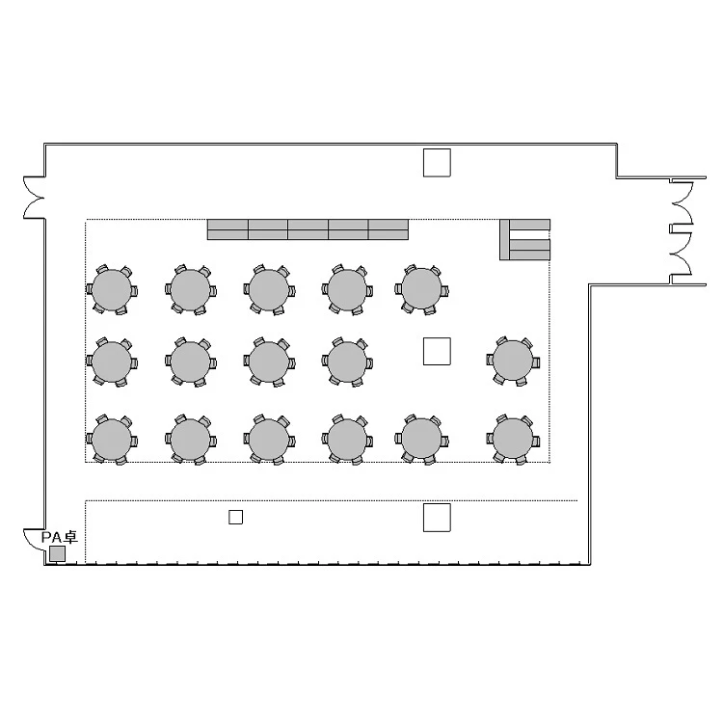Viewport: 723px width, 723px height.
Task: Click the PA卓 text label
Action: [60, 537]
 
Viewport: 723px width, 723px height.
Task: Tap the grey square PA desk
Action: [57, 553]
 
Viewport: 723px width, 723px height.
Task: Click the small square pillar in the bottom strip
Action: [235, 518]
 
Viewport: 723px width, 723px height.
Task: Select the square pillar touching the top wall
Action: [437, 163]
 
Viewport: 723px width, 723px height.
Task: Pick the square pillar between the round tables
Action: [437, 351]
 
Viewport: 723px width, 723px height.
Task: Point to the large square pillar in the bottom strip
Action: [437, 518]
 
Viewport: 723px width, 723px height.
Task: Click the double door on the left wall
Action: [33, 198]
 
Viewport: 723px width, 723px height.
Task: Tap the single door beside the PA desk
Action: [35, 540]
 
